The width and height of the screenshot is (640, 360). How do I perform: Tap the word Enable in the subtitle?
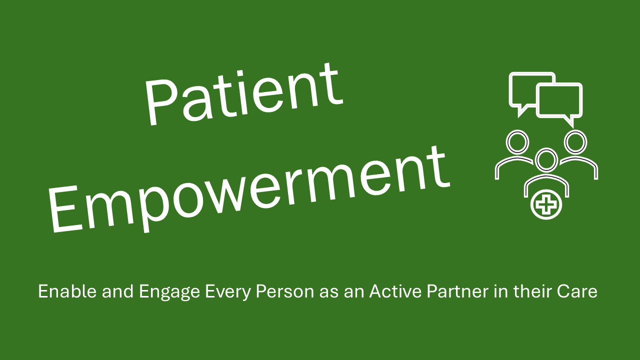(67, 291)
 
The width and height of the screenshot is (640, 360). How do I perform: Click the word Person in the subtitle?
(285, 291)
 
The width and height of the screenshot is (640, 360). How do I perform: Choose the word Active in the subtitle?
(395, 291)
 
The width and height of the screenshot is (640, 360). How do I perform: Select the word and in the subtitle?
(117, 291)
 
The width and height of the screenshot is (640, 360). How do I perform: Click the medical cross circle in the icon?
(546, 204)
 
